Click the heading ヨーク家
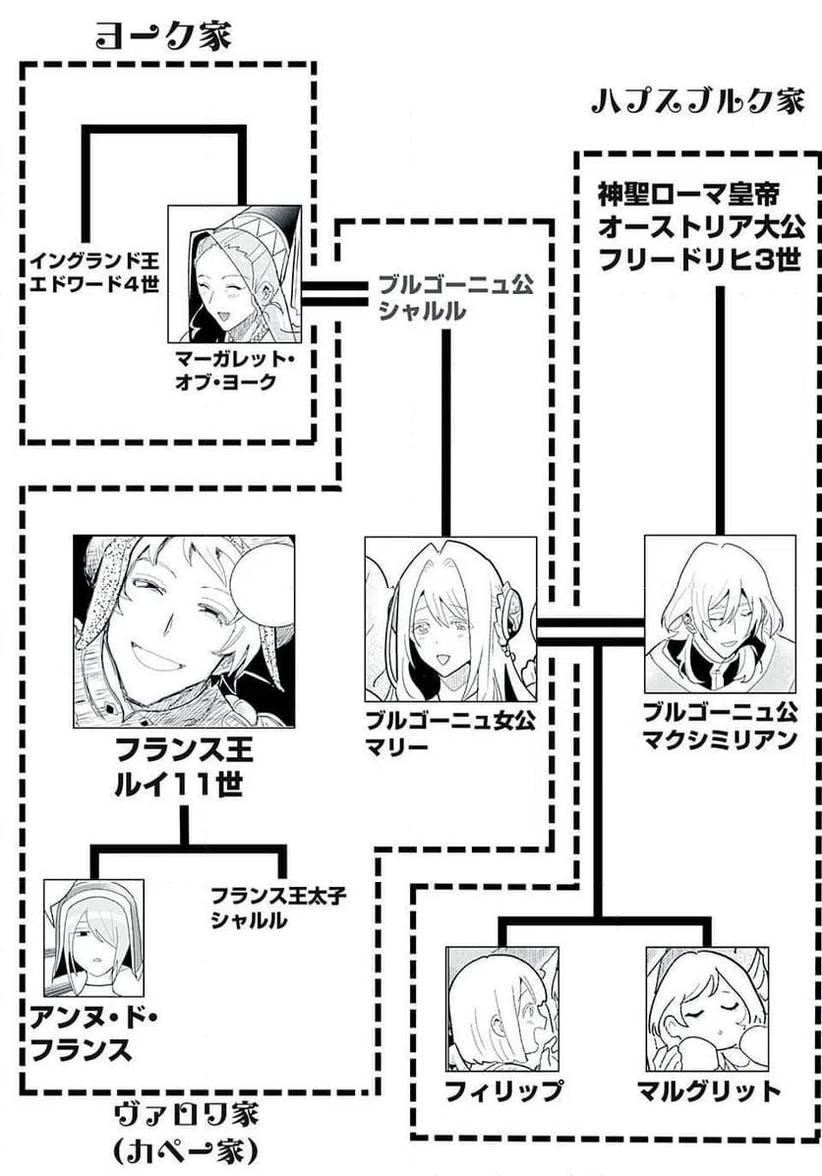(163, 36)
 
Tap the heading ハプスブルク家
(699, 102)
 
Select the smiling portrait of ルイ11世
(184, 630)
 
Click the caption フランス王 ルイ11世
(184, 771)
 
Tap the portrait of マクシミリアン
(719, 613)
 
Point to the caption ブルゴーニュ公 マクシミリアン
(719, 726)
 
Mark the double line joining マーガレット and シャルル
(334, 292)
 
